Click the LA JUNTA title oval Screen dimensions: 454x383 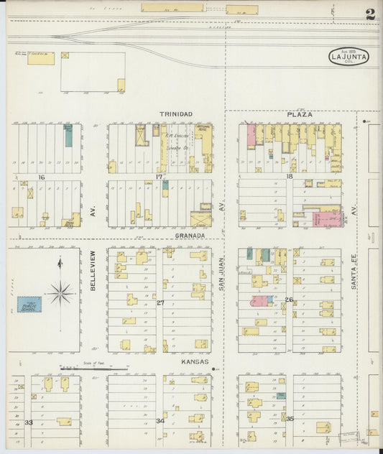(x=349, y=56)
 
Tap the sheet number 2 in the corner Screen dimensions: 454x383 (x=369, y=14)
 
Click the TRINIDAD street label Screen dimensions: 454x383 (x=175, y=114)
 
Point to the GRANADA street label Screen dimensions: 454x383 (x=190, y=236)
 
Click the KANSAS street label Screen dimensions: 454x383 (x=195, y=361)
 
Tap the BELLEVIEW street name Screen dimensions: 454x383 (x=93, y=270)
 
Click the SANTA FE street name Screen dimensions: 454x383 (x=354, y=273)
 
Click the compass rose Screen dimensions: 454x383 (x=61, y=292)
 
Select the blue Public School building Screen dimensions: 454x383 (x=29, y=305)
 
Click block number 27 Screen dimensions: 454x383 (x=160, y=303)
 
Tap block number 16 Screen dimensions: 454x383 (x=42, y=177)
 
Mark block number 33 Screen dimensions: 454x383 (x=29, y=422)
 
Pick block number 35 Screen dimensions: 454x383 (x=290, y=417)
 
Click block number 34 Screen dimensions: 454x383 (x=160, y=422)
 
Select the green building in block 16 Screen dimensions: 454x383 (x=68, y=136)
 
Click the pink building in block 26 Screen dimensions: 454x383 (x=259, y=301)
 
